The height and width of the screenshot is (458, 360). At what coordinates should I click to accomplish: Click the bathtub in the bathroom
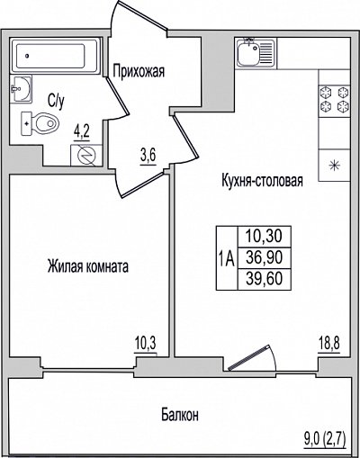[x=55, y=56]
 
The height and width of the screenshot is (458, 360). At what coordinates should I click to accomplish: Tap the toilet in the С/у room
[x=40, y=123]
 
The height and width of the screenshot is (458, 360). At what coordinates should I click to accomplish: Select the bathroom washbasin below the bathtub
[x=21, y=89]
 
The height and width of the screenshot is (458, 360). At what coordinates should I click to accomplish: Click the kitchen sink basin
[x=248, y=53]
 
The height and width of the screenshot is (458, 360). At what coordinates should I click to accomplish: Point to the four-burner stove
[x=334, y=99]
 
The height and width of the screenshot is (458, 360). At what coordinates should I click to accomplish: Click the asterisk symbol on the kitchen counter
[x=334, y=166]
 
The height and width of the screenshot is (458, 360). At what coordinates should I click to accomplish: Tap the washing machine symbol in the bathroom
[x=86, y=155]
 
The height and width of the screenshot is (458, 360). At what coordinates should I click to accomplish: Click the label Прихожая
[x=139, y=72]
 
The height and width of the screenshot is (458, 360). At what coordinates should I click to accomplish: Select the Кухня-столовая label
[x=262, y=181]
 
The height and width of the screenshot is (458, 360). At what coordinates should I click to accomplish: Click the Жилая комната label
[x=88, y=266]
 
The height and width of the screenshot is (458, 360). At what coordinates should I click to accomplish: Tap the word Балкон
[x=180, y=416]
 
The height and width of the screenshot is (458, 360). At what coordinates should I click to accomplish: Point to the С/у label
[x=56, y=101]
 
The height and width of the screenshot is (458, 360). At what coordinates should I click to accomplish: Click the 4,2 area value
[x=82, y=132]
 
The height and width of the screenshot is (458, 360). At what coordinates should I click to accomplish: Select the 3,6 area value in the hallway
[x=148, y=157]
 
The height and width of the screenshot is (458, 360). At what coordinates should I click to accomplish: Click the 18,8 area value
[x=329, y=344]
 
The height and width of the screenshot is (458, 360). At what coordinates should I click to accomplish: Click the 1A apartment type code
[x=227, y=259]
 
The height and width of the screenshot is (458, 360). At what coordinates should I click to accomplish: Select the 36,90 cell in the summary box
[x=264, y=257]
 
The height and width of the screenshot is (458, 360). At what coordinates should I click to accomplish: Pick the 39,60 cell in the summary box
[x=264, y=279]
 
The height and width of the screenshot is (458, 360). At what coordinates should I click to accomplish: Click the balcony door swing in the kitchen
[x=252, y=357]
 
